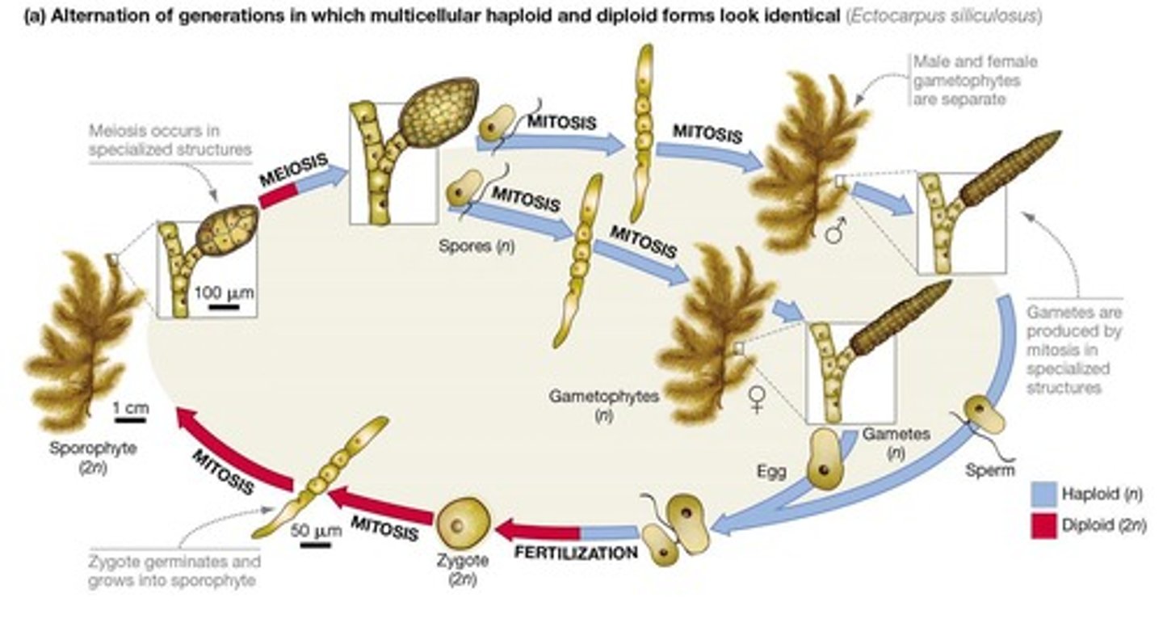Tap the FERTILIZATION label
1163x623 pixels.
point(575,554)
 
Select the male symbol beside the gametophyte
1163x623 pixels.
point(838,233)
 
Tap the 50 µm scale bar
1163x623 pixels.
point(314,545)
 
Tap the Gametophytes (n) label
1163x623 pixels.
point(603,405)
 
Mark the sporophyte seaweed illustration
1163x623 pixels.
point(81,339)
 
